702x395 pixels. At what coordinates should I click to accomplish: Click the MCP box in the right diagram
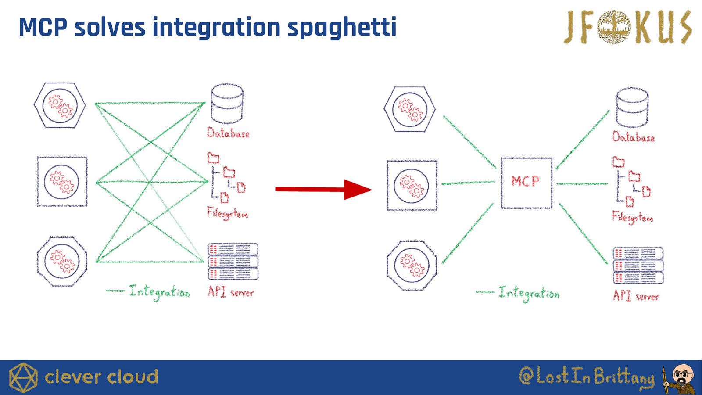pos(526,183)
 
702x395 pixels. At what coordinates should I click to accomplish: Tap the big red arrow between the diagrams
pos(323,189)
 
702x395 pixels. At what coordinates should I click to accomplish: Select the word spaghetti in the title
pos(342,27)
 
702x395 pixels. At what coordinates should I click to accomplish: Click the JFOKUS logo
pos(627,27)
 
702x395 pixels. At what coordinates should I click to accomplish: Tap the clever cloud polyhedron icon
pos(23,377)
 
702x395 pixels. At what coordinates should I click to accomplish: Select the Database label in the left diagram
pos(228,133)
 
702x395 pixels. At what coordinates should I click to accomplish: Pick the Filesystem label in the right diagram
pos(633,217)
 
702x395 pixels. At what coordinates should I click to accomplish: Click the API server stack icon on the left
pos(233,262)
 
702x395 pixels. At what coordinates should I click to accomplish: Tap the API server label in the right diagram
pos(636,296)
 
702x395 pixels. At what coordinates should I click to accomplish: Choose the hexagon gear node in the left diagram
pos(60,105)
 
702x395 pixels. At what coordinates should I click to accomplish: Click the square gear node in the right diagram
pos(412,185)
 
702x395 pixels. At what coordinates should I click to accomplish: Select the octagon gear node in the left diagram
pos(62,262)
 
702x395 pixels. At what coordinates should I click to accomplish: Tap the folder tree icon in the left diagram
pos(226,178)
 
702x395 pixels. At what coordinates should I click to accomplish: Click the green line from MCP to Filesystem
pos(582,183)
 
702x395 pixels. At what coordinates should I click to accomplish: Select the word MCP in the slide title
pos(43,27)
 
